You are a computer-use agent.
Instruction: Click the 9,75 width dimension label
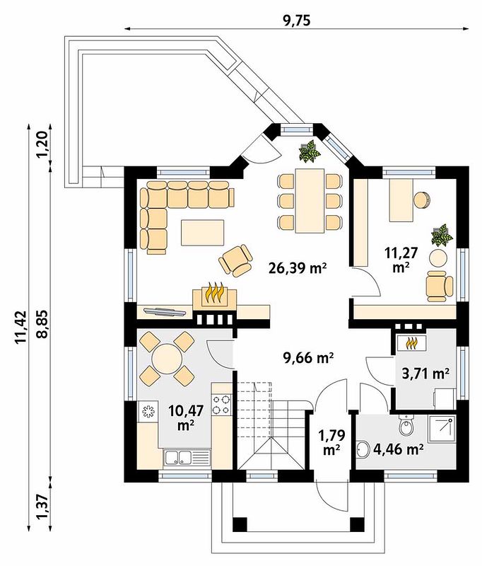pyautogui.click(x=297, y=21)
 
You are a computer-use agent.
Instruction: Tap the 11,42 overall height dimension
pyautogui.click(x=21, y=327)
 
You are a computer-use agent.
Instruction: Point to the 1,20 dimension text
pyautogui.click(x=42, y=145)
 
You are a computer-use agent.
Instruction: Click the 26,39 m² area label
pyautogui.click(x=298, y=268)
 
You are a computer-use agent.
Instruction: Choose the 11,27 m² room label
pyautogui.click(x=401, y=259)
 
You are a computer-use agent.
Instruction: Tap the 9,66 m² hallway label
pyautogui.click(x=307, y=358)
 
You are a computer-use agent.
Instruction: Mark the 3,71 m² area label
pyautogui.click(x=425, y=373)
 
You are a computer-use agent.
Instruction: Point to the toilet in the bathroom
pyautogui.click(x=407, y=425)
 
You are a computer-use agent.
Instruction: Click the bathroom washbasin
pyautogui.click(x=363, y=450)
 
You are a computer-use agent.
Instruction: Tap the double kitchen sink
pyautogui.click(x=187, y=457)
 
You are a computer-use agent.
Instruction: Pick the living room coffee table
pyautogui.click(x=203, y=233)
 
